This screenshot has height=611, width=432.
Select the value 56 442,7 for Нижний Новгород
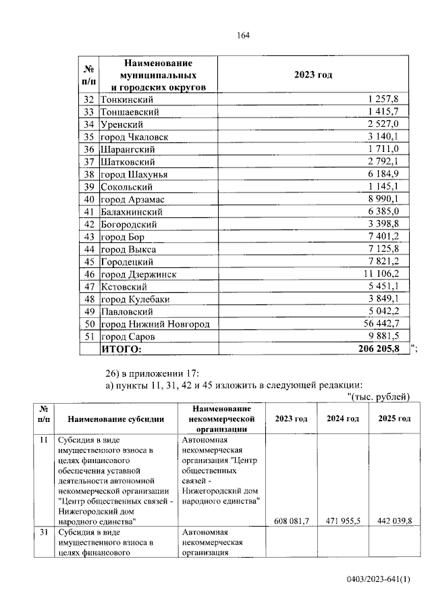[383, 324]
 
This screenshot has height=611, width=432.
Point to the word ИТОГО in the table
[122, 349]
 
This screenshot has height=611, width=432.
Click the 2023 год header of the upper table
[313, 75]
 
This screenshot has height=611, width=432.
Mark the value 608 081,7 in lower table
[292, 521]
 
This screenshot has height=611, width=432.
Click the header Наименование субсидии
[115, 419]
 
